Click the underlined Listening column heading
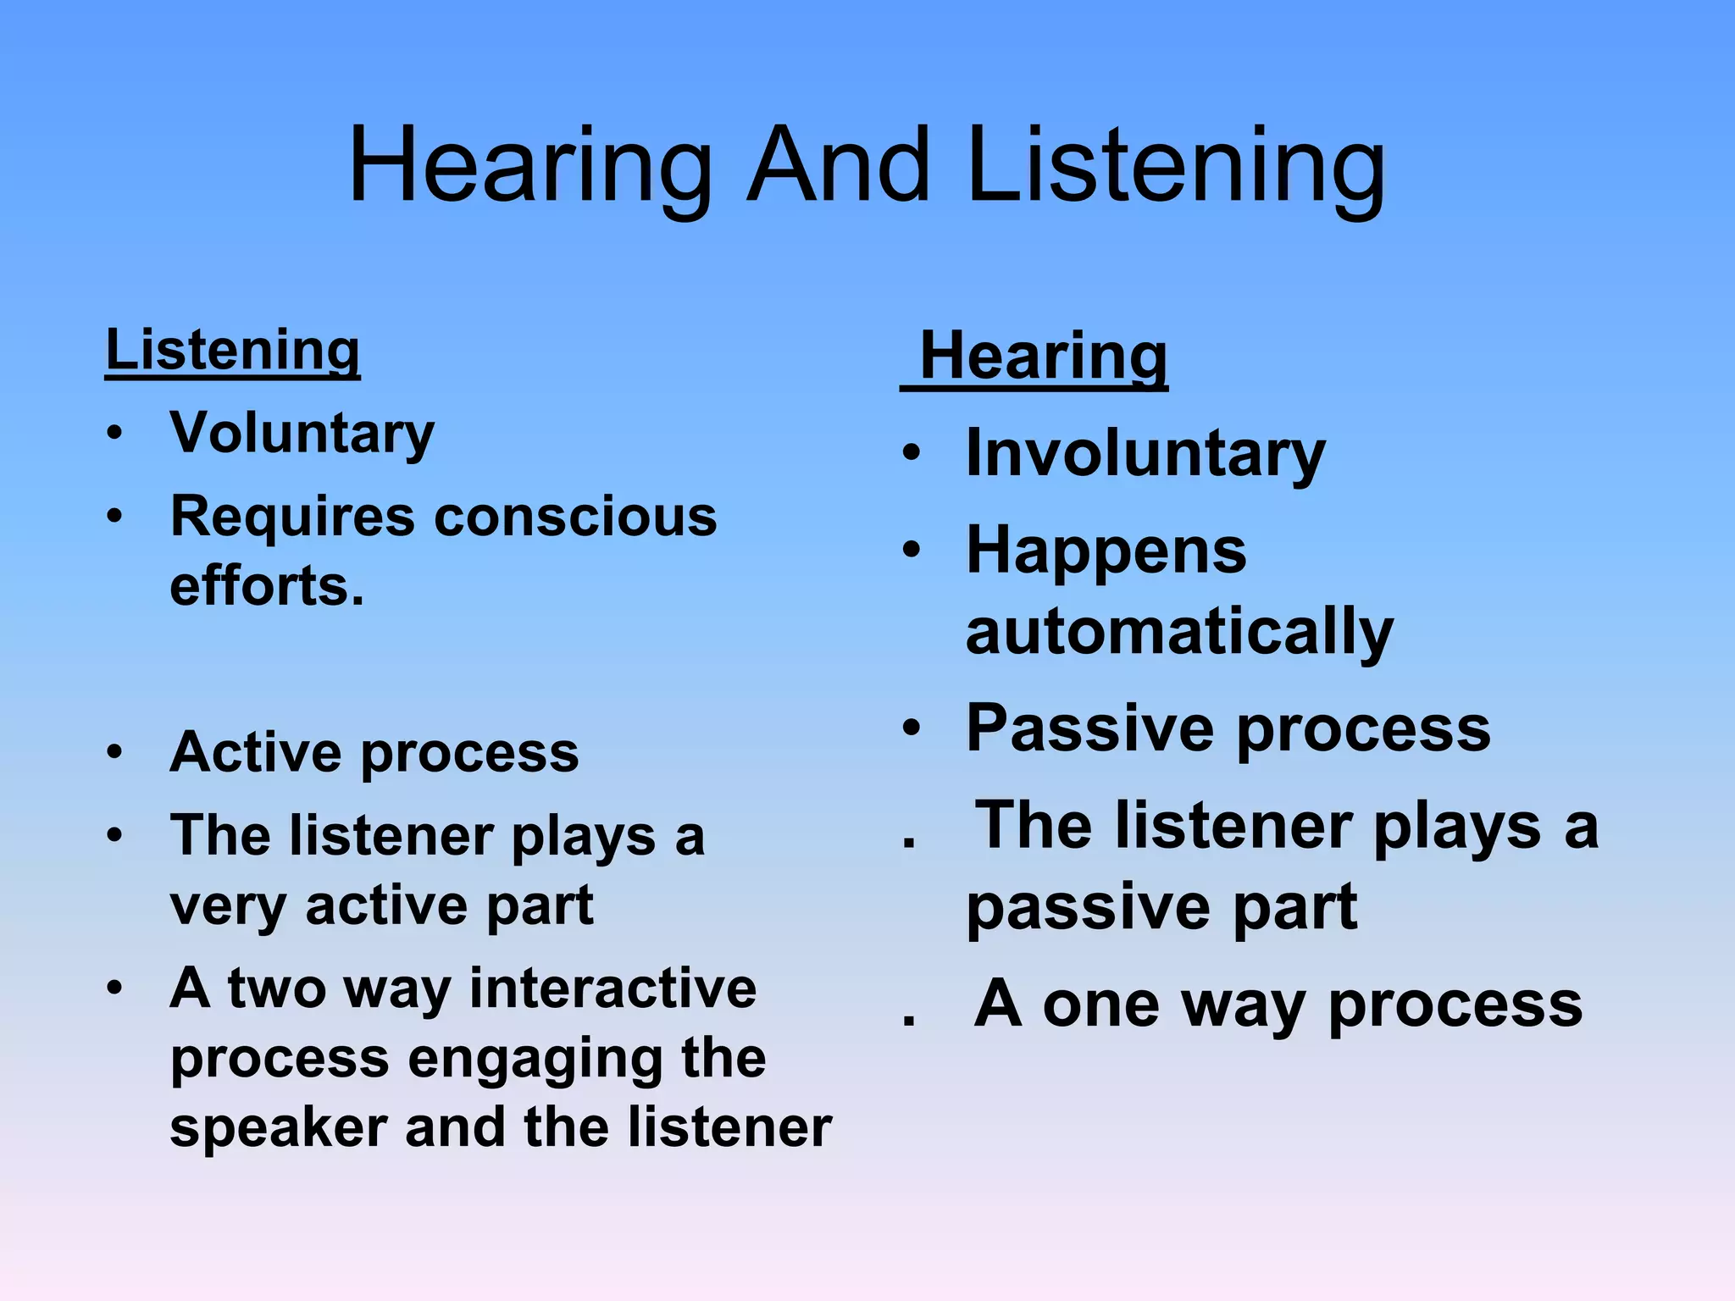pos(232,350)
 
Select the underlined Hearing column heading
pos(1043,357)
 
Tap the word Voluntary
pos(302,433)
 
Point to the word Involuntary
pos(1145,453)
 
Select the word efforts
pos(267,586)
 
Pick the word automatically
pos(1179,632)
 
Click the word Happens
pos(1106,551)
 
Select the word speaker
pos(279,1128)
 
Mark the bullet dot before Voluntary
pos(115,434)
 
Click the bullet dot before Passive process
pos(911,728)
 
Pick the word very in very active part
pos(228,906)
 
